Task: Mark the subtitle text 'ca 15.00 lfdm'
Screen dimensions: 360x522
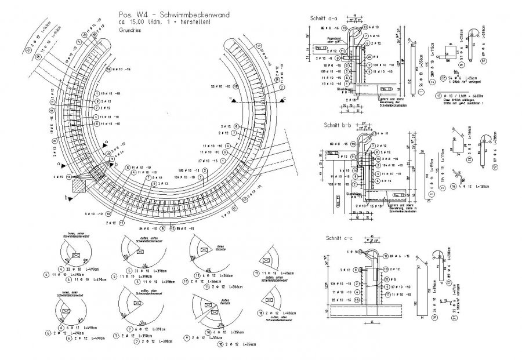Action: point(132,22)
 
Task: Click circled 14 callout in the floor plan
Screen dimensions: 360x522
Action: point(68,176)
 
